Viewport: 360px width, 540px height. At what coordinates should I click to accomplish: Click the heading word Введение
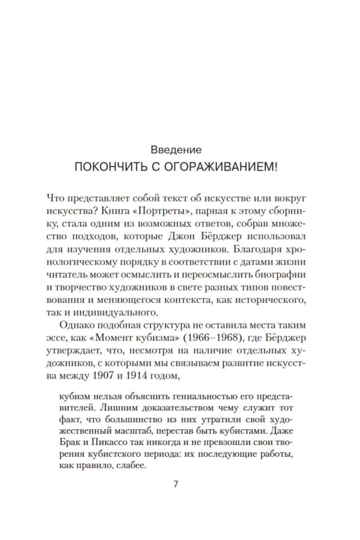point(176,148)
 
